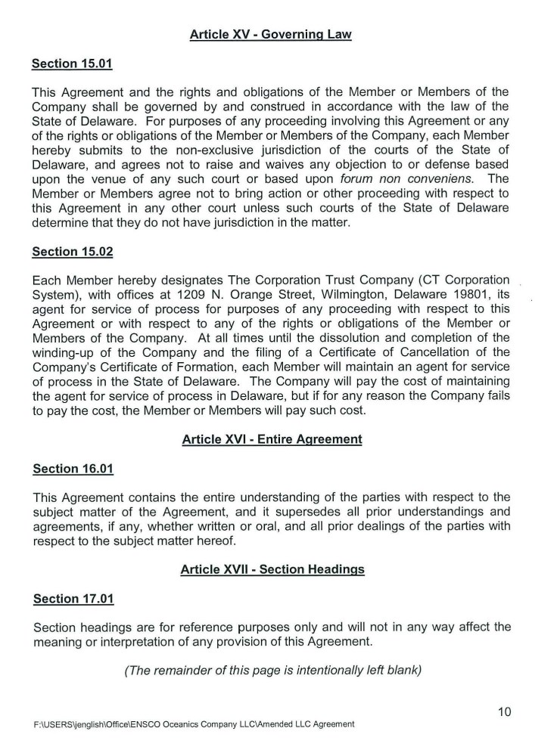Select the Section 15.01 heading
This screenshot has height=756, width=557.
coord(72,64)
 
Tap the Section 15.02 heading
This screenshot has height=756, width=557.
coord(72,251)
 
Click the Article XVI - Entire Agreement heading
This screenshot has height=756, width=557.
coord(272,439)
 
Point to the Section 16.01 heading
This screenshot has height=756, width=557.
coord(73,469)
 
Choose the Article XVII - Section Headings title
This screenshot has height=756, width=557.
coord(272,569)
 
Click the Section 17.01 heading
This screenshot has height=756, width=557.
coord(73,599)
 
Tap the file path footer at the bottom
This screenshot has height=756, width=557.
coord(194,724)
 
